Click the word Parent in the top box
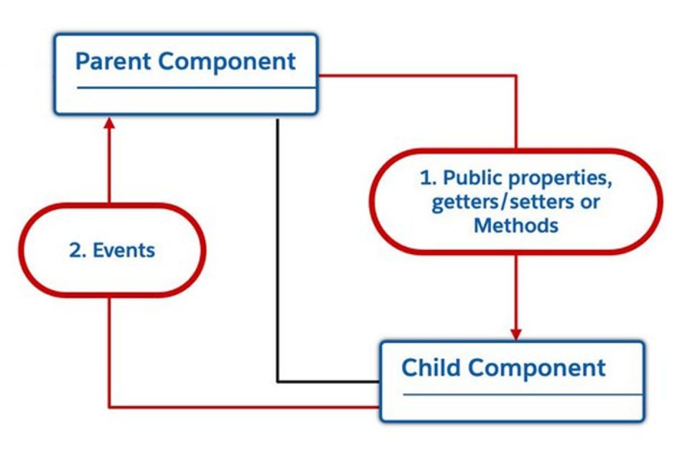pyautogui.click(x=113, y=61)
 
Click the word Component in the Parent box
pyautogui.click(x=227, y=62)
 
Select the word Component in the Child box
pyautogui.click(x=537, y=368)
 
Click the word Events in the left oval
pyautogui.click(x=123, y=251)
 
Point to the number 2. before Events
pyautogui.click(x=78, y=251)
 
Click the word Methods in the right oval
pyautogui.click(x=516, y=225)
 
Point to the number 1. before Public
pyautogui.click(x=428, y=177)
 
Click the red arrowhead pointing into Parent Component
pyautogui.click(x=109, y=123)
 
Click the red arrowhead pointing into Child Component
pyautogui.click(x=516, y=334)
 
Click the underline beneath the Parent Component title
pyautogui.click(x=197, y=88)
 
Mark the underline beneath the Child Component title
pyautogui.click(x=523, y=394)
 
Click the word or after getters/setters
pyautogui.click(x=589, y=202)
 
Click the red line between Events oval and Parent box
pyautogui.click(x=109, y=167)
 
